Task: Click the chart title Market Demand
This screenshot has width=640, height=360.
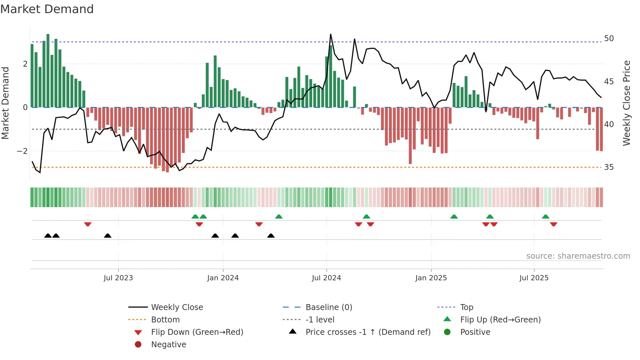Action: click(x=47, y=9)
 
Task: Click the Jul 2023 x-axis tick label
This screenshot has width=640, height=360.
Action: click(x=118, y=278)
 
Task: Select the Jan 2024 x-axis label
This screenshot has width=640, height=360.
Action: click(x=223, y=278)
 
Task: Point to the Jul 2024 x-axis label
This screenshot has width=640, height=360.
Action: click(x=326, y=278)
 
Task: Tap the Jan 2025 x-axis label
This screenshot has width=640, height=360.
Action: click(x=431, y=278)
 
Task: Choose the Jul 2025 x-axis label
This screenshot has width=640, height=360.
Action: click(x=534, y=278)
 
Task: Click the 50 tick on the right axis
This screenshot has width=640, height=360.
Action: click(x=609, y=39)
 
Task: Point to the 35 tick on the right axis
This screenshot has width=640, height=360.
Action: click(x=609, y=167)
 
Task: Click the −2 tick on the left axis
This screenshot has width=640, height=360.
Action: click(x=22, y=151)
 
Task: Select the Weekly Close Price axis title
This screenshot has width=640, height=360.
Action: click(x=626, y=103)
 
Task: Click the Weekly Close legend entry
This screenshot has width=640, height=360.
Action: click(x=177, y=307)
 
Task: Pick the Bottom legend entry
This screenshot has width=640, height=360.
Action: click(x=165, y=320)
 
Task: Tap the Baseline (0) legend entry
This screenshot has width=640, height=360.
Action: click(x=328, y=307)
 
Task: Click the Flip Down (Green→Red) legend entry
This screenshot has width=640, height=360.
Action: click(x=197, y=332)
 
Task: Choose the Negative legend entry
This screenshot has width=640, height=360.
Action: click(x=168, y=345)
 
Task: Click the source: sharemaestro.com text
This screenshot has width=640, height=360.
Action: click(x=578, y=256)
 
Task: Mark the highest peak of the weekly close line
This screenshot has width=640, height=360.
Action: click(x=330, y=34)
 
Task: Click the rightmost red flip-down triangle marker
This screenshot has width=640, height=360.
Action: click(x=553, y=224)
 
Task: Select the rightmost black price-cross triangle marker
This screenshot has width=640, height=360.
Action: click(x=271, y=236)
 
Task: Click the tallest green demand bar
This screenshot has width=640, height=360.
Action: click(x=48, y=70)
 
